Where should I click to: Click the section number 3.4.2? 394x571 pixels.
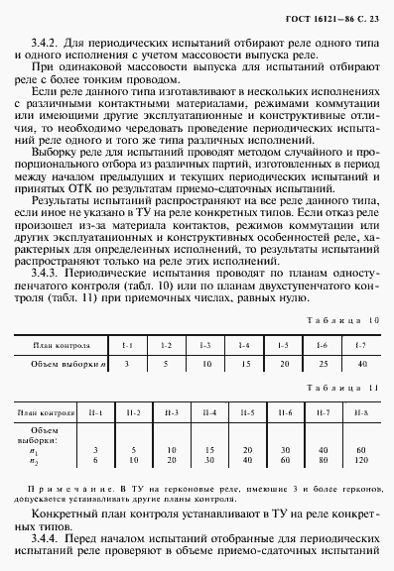click(52, 45)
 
